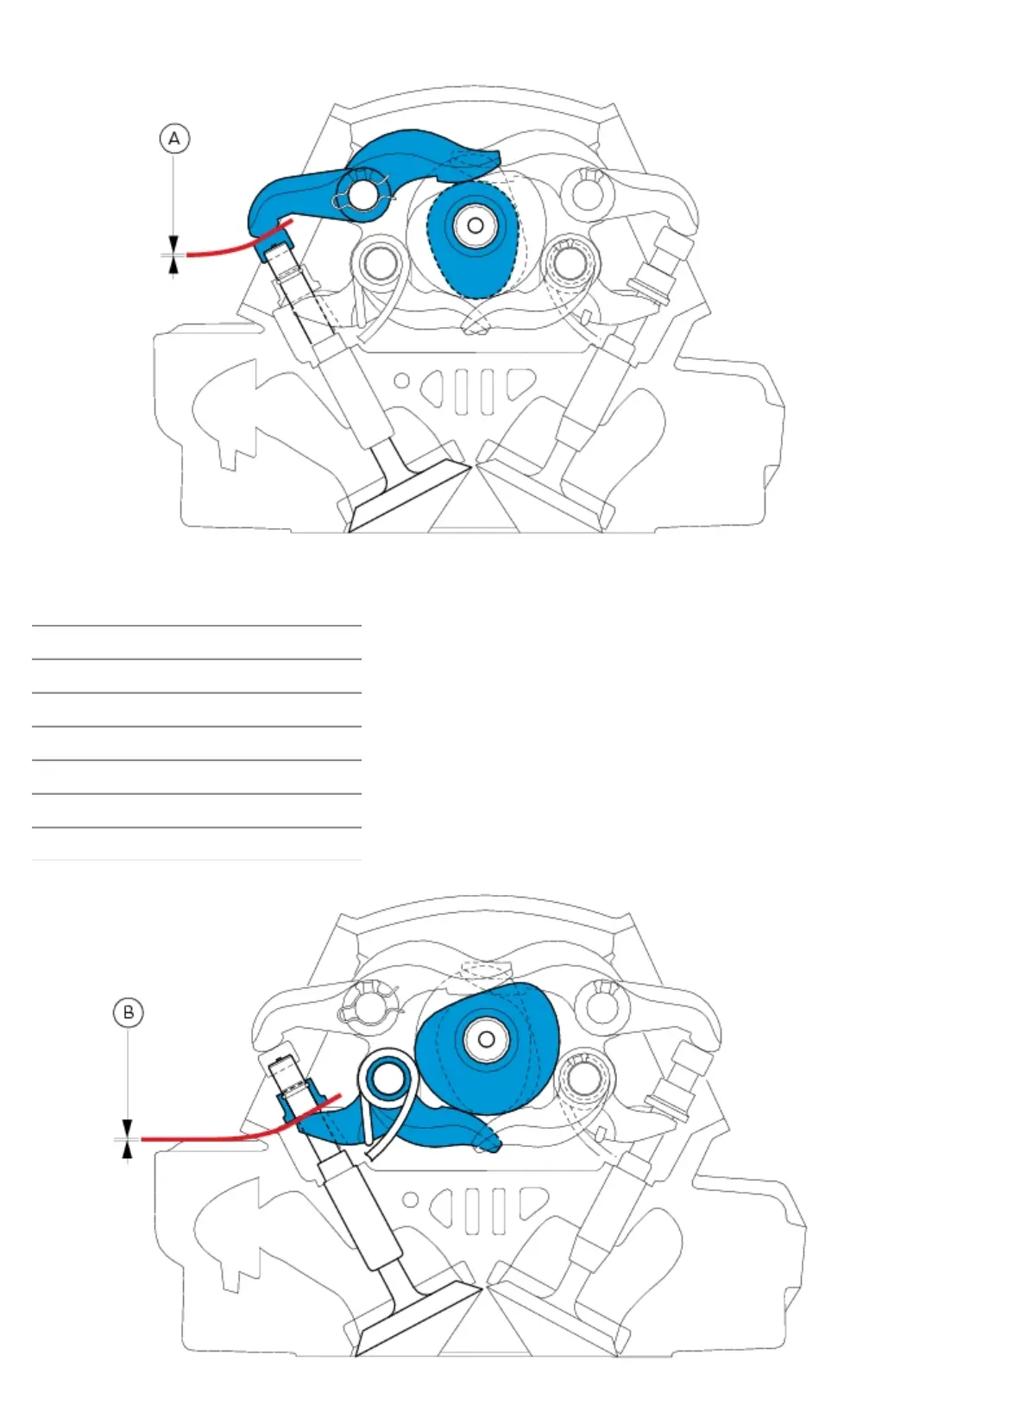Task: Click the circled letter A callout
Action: point(175,138)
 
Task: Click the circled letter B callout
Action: point(129,1012)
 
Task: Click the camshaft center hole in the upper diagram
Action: point(474,225)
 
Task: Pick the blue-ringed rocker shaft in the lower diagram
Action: point(386,1079)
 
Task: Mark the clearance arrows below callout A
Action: point(175,255)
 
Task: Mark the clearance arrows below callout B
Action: point(129,1139)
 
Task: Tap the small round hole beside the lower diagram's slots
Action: point(411,1200)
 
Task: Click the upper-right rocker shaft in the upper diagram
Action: point(583,189)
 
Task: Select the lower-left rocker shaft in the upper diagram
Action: point(376,263)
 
